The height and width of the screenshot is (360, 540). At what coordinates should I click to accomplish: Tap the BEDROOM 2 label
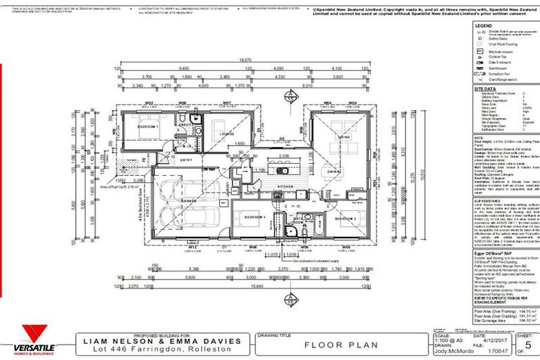(x=345, y=220)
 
